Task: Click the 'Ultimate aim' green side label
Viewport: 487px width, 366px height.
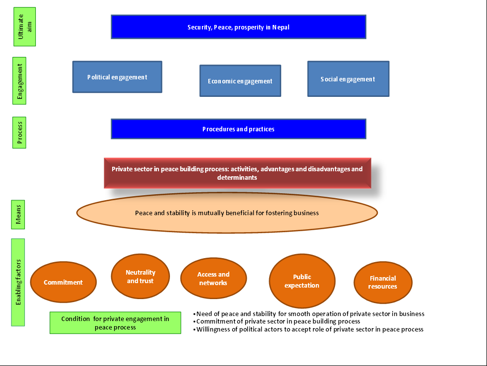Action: [x=24, y=27]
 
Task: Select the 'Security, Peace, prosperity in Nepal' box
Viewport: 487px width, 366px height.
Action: [x=239, y=27]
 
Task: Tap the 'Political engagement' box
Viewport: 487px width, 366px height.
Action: [x=117, y=77]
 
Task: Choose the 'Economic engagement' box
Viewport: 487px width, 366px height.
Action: [x=240, y=80]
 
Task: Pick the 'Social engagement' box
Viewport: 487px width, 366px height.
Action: [x=348, y=79]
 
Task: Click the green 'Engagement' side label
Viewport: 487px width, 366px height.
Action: [x=19, y=80]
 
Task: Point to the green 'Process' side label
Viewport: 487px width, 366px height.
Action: [x=19, y=133]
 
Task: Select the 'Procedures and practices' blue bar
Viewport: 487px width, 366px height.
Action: [x=239, y=129]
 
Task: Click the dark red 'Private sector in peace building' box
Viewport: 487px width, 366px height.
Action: [x=238, y=173]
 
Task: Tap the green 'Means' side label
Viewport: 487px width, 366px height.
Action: [x=18, y=214]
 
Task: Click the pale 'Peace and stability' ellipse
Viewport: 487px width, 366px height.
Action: [x=227, y=213]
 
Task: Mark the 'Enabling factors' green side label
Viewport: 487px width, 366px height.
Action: [x=18, y=282]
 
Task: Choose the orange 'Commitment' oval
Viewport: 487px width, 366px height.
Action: [x=63, y=282]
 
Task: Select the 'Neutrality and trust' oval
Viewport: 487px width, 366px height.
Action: [x=141, y=276]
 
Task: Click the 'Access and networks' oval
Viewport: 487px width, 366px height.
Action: [x=213, y=278]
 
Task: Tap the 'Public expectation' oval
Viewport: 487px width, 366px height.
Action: [x=302, y=281]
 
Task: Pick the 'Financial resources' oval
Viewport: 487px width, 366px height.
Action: [x=383, y=282]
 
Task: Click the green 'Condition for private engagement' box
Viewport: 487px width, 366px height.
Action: [x=115, y=323]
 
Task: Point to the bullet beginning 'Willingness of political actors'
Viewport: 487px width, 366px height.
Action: [x=309, y=329]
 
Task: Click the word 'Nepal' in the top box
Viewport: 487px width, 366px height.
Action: [x=281, y=27]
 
